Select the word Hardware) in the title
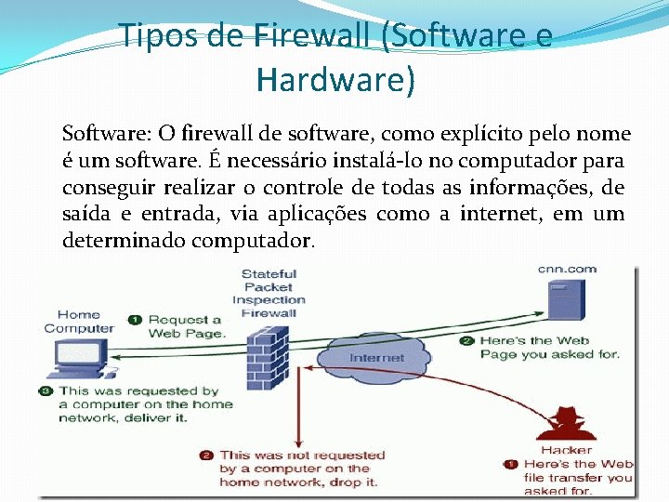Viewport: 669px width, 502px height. (x=335, y=80)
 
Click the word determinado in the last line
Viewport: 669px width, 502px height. (x=123, y=241)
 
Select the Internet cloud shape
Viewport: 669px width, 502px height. (x=376, y=357)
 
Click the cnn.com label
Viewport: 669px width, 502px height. (x=567, y=270)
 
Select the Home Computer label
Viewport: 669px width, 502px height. (x=79, y=322)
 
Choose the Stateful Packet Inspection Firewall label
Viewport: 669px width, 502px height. (x=269, y=293)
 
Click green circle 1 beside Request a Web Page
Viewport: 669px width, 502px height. (x=135, y=320)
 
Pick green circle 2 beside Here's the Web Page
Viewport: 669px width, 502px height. (x=466, y=341)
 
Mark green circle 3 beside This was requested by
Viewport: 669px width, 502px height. (x=46, y=391)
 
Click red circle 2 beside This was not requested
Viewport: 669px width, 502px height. (x=206, y=456)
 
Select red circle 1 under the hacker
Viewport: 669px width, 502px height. (x=510, y=464)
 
